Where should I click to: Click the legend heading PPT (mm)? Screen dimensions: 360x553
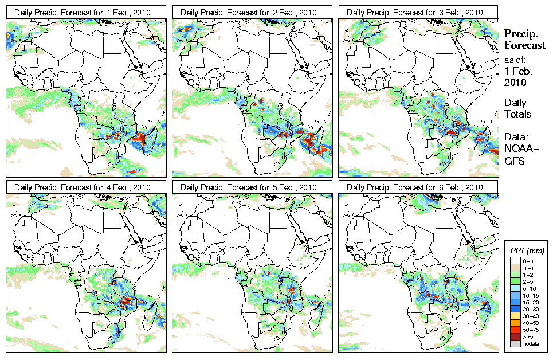click(527, 251)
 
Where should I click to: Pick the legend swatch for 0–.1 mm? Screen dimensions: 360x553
click(515, 261)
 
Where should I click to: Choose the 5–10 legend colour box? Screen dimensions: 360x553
click(515, 288)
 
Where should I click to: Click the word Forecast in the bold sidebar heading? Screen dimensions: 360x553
click(525, 45)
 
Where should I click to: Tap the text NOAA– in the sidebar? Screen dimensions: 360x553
click(518, 149)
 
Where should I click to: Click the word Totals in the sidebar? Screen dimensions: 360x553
click(517, 114)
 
